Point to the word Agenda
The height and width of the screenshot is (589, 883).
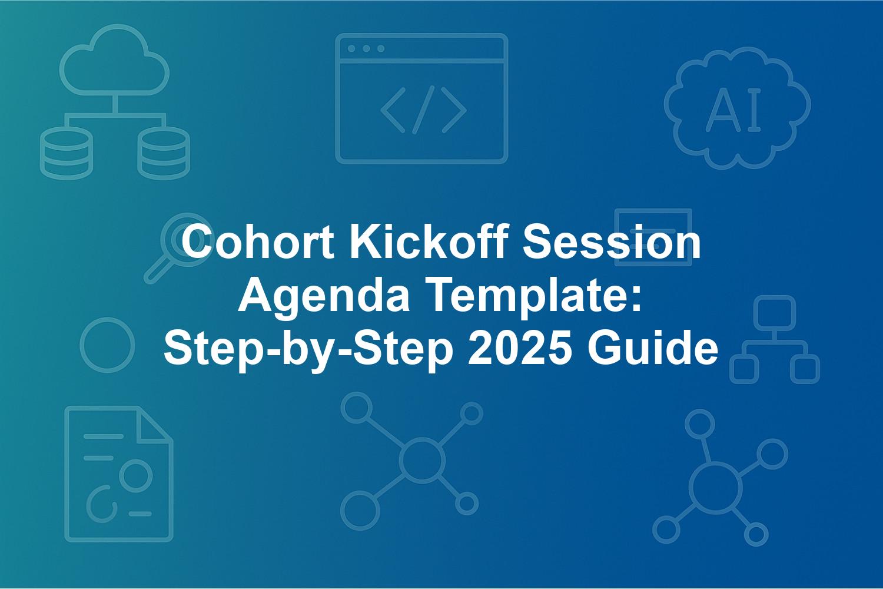[324, 296]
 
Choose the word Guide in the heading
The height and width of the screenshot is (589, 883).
[652, 349]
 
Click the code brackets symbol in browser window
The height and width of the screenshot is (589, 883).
[423, 110]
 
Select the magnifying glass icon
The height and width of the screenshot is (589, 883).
[177, 247]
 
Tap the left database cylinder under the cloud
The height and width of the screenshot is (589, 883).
[67, 153]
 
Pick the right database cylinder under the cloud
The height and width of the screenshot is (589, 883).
[164, 153]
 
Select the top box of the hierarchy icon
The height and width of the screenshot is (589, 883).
[775, 313]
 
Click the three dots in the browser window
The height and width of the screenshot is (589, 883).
[366, 48]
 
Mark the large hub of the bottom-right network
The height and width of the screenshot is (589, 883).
[715, 488]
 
